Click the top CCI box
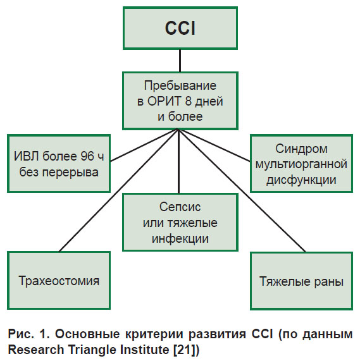[x=180, y=28]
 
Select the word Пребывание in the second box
[x=180, y=86]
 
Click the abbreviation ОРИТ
[x=164, y=101]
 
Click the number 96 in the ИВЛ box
[x=87, y=156]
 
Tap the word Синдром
[x=301, y=149]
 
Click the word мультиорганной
[x=301, y=164]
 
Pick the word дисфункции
[x=301, y=180]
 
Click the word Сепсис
[x=180, y=207]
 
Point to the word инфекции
[x=180, y=238]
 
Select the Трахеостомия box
[x=59, y=280]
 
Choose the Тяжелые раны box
[x=301, y=281]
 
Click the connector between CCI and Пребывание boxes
[x=180, y=61]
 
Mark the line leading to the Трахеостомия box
[x=118, y=190]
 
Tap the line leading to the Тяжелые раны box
[x=242, y=191]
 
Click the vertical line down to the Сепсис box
[x=178, y=161]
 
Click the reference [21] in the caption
[x=184, y=350]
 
